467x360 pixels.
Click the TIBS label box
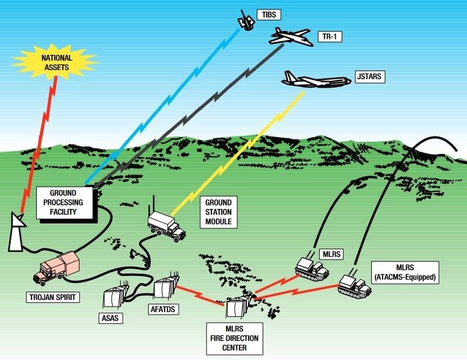pos(268,13)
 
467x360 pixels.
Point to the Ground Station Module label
pos(219,212)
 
